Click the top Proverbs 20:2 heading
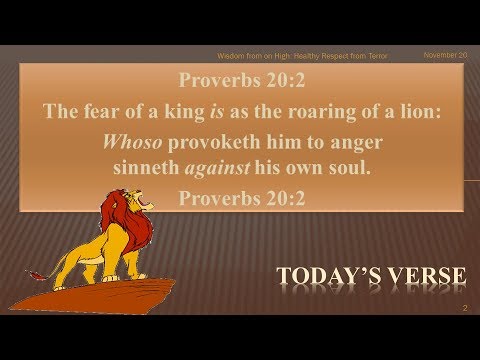240,81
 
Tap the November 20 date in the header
446,56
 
